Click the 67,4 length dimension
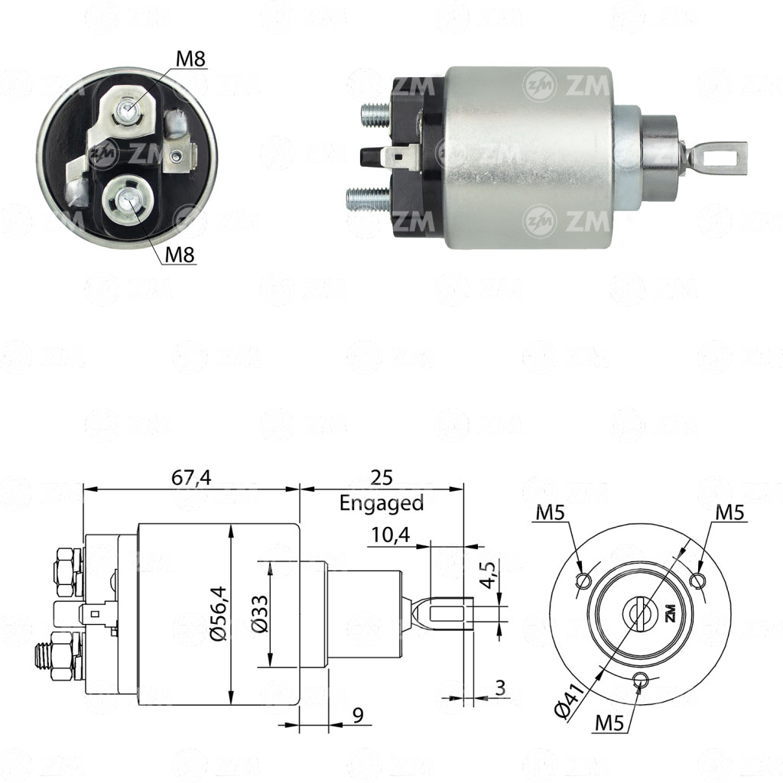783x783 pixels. pyautogui.click(x=191, y=477)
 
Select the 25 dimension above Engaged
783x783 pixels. pyautogui.click(x=382, y=477)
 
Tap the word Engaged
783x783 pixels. pyautogui.click(x=382, y=503)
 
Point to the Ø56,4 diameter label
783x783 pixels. pyautogui.click(x=219, y=613)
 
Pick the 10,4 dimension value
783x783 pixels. pyautogui.click(x=390, y=534)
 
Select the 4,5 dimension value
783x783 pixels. pyautogui.click(x=490, y=575)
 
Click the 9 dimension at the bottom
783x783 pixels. pyautogui.click(x=358, y=715)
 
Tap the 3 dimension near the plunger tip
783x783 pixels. pyautogui.click(x=500, y=687)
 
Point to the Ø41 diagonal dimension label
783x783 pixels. pyautogui.click(x=570, y=702)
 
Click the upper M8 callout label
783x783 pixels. pyautogui.click(x=190, y=59)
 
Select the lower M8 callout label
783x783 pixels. pyautogui.click(x=179, y=255)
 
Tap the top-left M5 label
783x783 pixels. pyautogui.click(x=551, y=512)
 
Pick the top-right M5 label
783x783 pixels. pyautogui.click(x=729, y=512)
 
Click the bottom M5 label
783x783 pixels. pyautogui.click(x=609, y=723)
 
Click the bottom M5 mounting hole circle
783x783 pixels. pyautogui.click(x=640, y=680)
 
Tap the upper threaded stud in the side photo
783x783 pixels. pyautogui.click(x=375, y=115)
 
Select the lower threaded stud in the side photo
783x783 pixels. pyautogui.click(x=369, y=198)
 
